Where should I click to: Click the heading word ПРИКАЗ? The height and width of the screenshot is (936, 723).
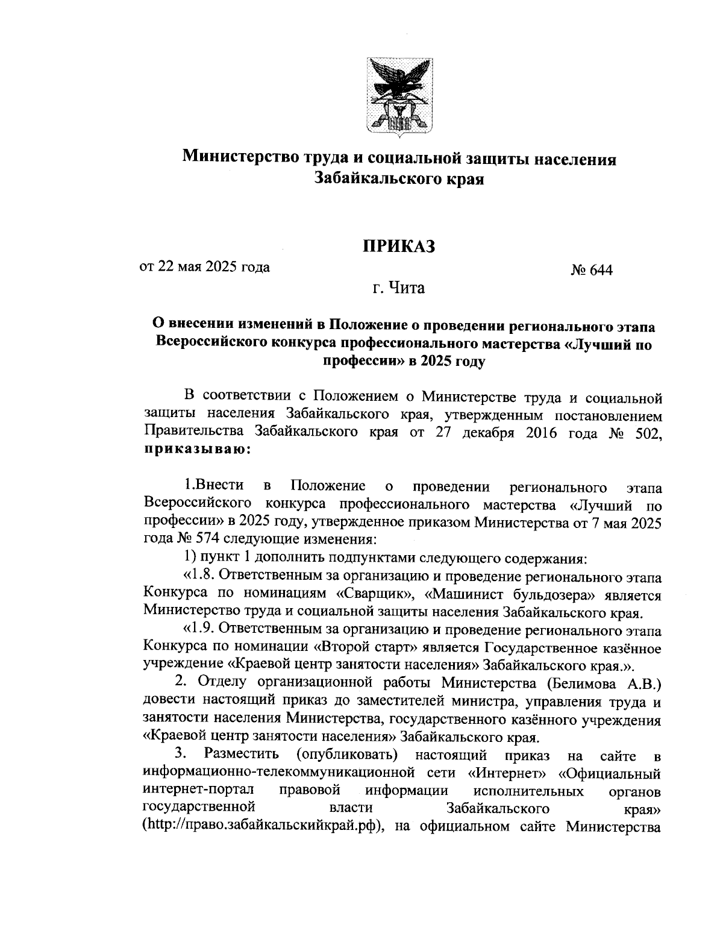[x=398, y=246]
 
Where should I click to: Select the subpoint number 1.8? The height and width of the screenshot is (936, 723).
[x=199, y=577]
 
